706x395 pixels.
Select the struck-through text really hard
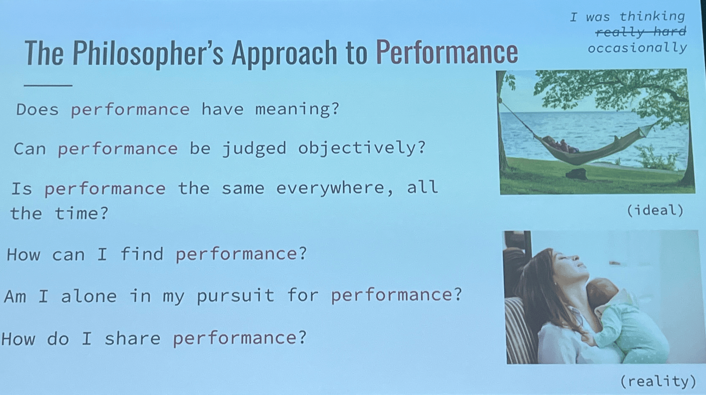click(x=641, y=32)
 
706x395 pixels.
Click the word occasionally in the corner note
click(x=637, y=48)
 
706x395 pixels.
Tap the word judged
click(x=254, y=149)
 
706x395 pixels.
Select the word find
click(x=141, y=254)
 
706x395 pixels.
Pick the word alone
click(x=89, y=296)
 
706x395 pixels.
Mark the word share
click(x=132, y=338)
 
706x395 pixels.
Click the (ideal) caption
click(x=655, y=211)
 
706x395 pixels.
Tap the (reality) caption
click(x=658, y=381)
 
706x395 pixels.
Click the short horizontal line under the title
click(x=48, y=85)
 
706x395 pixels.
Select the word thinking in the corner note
click(x=652, y=16)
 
